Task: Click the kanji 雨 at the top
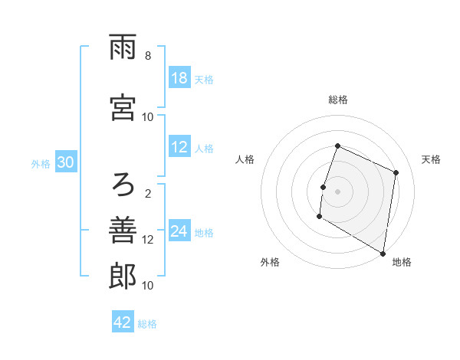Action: click(123, 50)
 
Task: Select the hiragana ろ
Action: click(123, 185)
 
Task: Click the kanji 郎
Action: click(123, 277)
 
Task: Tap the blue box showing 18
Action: click(179, 78)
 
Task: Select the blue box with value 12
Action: click(179, 148)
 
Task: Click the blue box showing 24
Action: click(179, 232)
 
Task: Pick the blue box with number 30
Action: click(65, 163)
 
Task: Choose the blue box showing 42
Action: click(123, 322)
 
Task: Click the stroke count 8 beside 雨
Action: click(148, 56)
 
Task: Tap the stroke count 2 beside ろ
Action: click(148, 193)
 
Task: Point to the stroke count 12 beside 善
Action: click(148, 239)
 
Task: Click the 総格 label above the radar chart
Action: click(337, 100)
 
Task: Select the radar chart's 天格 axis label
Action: click(431, 159)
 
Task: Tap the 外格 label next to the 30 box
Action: click(41, 164)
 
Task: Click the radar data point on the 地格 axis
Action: click(383, 253)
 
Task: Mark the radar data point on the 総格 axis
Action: click(337, 146)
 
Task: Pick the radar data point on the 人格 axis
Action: click(324, 187)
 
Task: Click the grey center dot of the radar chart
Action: click(337, 191)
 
